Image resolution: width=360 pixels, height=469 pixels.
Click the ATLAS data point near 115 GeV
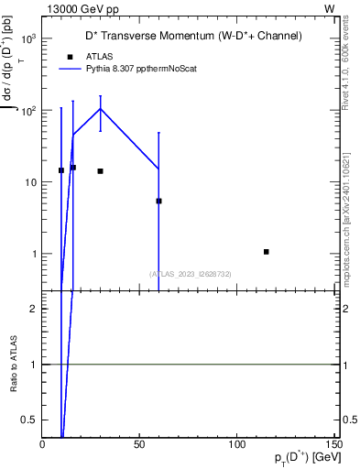pos(266,251)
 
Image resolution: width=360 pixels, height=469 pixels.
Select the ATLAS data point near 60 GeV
pos(159,201)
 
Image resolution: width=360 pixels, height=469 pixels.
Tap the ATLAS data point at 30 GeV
pos(101,171)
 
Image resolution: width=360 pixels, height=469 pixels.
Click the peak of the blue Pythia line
pos(101,109)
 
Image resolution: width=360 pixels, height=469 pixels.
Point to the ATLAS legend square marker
pos(69,56)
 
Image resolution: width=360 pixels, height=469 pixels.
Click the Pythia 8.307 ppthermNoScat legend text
pos(141,68)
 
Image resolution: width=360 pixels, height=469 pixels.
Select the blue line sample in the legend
pos(69,68)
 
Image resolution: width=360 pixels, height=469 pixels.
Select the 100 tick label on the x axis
pos(236,444)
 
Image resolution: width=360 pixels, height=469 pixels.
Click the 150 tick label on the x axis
pos(333,444)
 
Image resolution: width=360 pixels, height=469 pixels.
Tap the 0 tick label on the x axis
pos(43,444)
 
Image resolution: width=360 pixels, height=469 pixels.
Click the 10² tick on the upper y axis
pos(29,110)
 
